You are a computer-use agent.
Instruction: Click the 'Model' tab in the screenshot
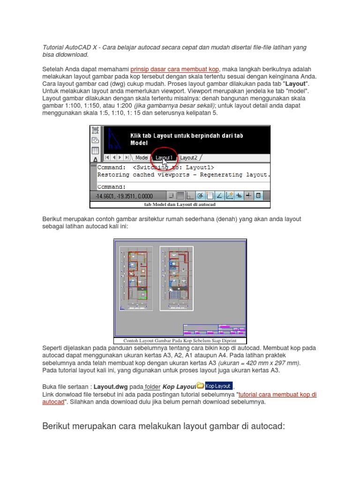click(141, 158)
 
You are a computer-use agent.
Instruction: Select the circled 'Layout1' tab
click(164, 158)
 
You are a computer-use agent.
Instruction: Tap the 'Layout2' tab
click(189, 158)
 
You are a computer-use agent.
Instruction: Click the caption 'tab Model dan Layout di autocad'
click(180, 204)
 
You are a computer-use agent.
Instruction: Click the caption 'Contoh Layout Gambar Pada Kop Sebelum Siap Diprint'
click(180, 341)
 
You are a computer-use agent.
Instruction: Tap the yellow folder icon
click(200, 386)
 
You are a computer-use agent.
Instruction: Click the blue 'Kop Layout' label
click(218, 386)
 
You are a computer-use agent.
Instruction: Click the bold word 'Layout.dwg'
click(110, 387)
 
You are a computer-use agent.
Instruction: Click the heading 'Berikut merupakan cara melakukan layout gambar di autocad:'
click(164, 426)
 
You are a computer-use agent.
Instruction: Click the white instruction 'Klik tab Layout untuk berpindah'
click(187, 136)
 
